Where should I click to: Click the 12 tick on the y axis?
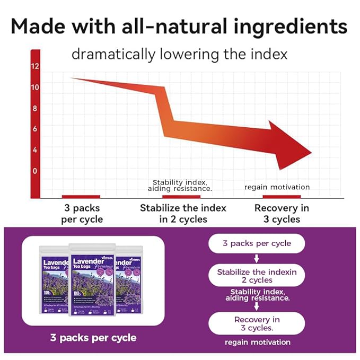[35, 67]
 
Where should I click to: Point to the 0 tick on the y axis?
[35, 171]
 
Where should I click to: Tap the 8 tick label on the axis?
[35, 109]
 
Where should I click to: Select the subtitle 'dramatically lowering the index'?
[179, 54]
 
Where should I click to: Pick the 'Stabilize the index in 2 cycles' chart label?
[183, 213]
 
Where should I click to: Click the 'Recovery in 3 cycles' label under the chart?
[281, 213]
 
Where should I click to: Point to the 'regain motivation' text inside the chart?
[277, 187]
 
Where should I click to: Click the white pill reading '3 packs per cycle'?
[257, 243]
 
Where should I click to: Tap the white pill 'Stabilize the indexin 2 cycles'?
[257, 276]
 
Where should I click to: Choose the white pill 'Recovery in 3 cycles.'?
[257, 323]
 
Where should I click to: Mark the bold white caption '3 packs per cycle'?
[93, 337]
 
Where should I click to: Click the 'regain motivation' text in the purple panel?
[257, 343]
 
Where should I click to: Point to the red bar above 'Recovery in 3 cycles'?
[282, 197]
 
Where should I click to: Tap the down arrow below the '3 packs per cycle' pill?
[257, 259]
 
